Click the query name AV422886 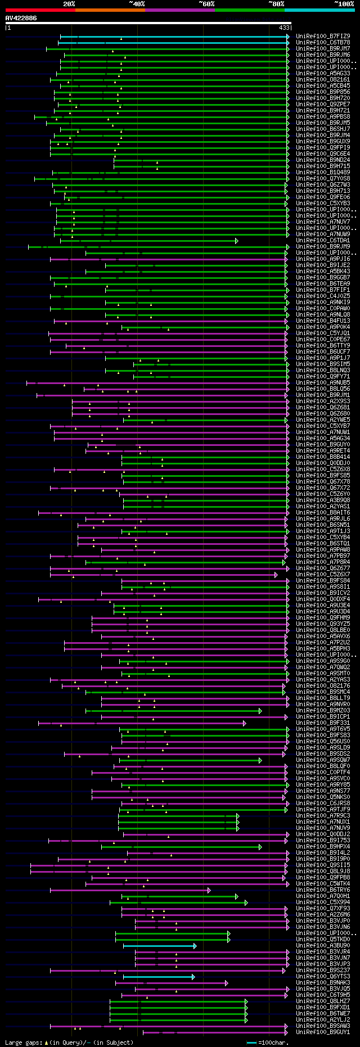pyautogui.click(x=21, y=18)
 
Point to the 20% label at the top pyautogui.click(x=69, y=4)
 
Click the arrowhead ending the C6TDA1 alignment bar pyautogui.click(x=237, y=241)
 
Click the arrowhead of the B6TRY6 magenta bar pyautogui.click(x=209, y=890)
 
